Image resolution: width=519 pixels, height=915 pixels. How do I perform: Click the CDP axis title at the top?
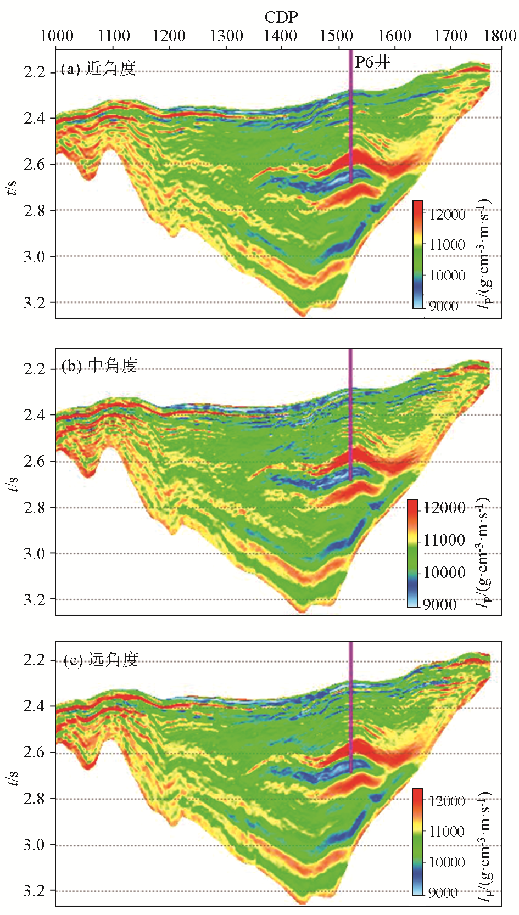[x=281, y=17]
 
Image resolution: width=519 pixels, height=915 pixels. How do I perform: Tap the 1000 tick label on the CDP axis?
[x=57, y=36]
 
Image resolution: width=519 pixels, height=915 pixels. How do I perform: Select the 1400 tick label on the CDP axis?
[x=280, y=36]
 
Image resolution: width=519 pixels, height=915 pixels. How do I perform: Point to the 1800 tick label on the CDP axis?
[x=501, y=36]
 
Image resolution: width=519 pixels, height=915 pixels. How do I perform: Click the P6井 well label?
[x=372, y=62]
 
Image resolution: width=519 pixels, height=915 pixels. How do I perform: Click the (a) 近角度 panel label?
[x=98, y=69]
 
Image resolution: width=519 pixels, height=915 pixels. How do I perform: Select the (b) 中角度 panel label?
[x=99, y=366]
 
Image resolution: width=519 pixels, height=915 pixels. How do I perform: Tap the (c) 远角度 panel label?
[x=101, y=659]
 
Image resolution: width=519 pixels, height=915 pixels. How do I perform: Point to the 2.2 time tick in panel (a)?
[x=35, y=72]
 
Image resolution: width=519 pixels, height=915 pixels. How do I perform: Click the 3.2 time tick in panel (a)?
[x=35, y=302]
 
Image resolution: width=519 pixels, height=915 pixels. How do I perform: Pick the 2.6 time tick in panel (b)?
[x=35, y=461]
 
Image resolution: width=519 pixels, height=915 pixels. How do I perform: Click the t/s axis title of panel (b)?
[x=13, y=484]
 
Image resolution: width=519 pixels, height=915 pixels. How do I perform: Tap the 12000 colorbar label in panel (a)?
[x=447, y=215]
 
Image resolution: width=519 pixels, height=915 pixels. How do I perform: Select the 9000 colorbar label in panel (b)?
[x=439, y=604]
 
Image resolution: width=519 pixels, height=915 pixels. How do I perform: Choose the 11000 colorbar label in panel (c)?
[x=447, y=831]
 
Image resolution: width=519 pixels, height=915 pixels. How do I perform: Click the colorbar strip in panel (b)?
[x=413, y=553]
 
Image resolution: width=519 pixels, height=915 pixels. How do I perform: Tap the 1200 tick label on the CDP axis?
[x=169, y=36]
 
